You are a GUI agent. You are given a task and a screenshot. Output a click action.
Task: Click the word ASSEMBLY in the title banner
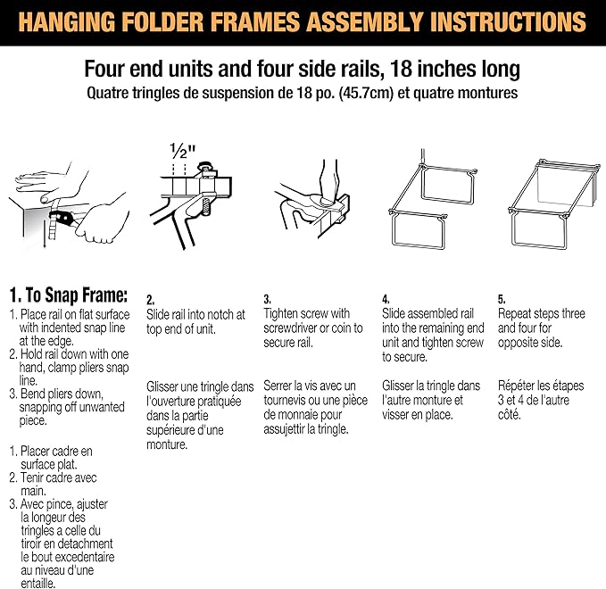pyautogui.click(x=347, y=22)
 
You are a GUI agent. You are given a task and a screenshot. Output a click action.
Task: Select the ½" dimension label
pyautogui.click(x=182, y=149)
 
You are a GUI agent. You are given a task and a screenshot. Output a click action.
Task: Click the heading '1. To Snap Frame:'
pyautogui.click(x=69, y=295)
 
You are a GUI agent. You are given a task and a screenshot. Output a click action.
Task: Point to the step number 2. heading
pyautogui.click(x=151, y=301)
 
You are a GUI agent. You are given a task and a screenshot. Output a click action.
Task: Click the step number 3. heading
pyautogui.click(x=267, y=300)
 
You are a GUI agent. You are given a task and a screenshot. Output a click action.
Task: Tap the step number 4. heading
pyautogui.click(x=386, y=300)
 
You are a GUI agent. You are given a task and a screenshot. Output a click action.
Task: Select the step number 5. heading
pyautogui.click(x=502, y=300)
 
